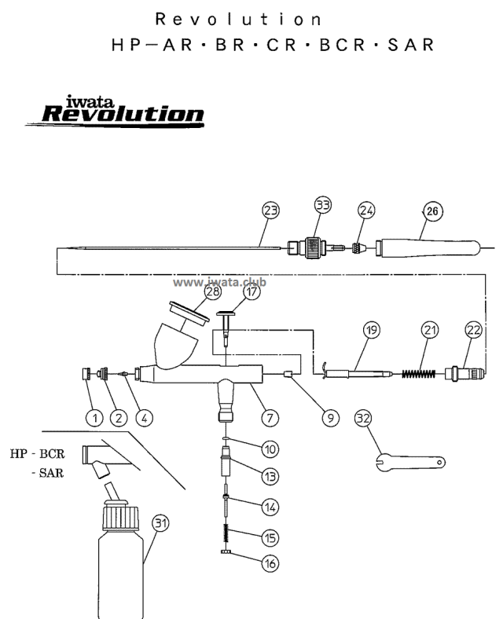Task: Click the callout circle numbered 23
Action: click(x=271, y=210)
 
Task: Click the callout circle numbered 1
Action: click(x=95, y=417)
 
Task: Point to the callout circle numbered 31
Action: click(x=161, y=522)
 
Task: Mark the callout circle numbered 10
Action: click(x=270, y=450)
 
